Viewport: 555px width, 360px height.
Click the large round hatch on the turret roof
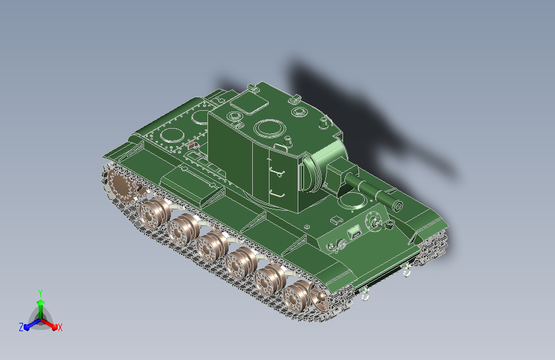[269, 128]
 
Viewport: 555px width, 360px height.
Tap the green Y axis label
[40, 293]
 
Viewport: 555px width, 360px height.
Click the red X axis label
[60, 327]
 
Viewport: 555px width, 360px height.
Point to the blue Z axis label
[21, 327]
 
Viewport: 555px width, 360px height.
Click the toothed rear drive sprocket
[119, 186]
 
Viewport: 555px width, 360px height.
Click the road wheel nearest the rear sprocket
[153, 213]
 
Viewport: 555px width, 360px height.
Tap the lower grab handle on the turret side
[277, 195]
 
